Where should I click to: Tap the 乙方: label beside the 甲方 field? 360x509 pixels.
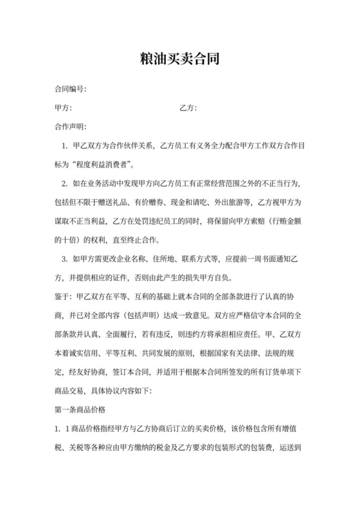pos(188,107)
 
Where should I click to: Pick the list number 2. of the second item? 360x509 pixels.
pos(64,184)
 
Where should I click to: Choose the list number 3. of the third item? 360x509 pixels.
pos(64,260)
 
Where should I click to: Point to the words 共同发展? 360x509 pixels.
pos(159,353)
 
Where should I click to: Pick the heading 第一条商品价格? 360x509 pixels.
pos(81,409)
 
